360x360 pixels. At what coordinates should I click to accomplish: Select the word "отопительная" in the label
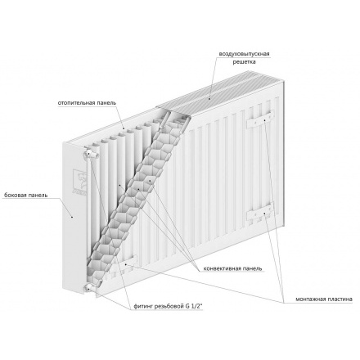pos(76,104)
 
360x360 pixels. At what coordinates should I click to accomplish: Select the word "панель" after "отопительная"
pos(110,104)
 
